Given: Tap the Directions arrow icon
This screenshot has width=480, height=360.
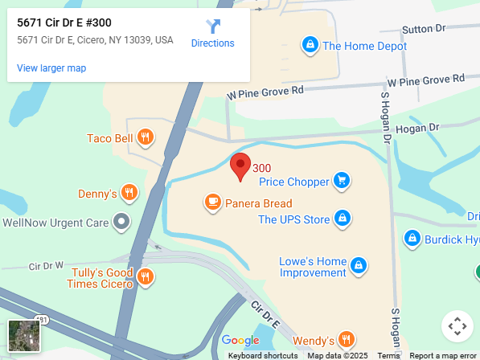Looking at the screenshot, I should (x=213, y=27).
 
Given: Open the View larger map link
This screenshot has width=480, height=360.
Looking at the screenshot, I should (x=51, y=68).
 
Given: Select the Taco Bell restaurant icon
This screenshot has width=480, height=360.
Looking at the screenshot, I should (x=145, y=138).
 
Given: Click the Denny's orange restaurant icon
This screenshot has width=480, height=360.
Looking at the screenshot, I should (x=130, y=194).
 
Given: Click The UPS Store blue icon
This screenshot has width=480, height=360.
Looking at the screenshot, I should (x=343, y=219).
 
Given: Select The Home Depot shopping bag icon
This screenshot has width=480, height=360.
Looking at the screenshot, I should (x=310, y=46).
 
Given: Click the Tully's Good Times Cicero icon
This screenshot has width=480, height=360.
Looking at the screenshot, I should (x=145, y=278).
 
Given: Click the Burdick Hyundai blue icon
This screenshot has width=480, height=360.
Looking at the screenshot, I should (x=412, y=239).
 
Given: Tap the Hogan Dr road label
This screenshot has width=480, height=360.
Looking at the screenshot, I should (x=418, y=128).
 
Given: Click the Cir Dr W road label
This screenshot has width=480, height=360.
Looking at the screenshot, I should (x=46, y=265).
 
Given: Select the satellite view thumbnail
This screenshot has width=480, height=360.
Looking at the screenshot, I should (x=24, y=336).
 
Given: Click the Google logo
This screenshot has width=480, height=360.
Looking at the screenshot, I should (x=240, y=341).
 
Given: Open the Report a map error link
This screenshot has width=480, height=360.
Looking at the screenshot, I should (x=443, y=355).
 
